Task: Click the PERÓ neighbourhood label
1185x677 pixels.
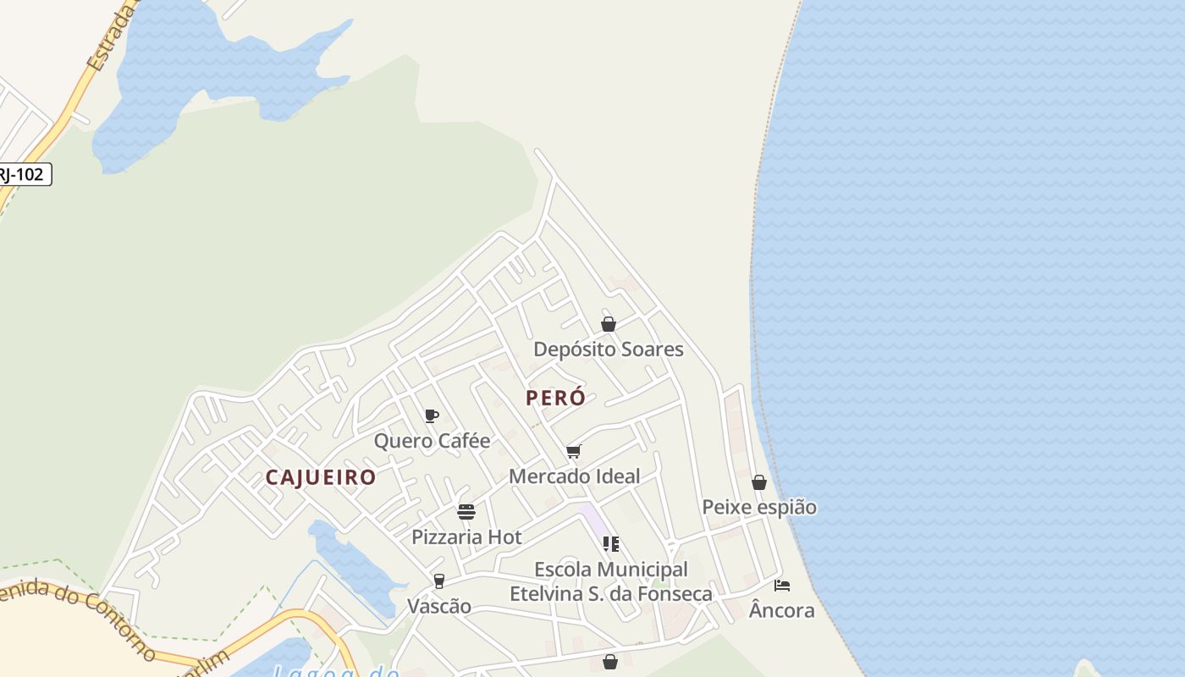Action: tap(555, 398)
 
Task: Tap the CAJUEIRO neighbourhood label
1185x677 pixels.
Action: tap(321, 477)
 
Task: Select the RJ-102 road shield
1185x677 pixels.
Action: tap(24, 175)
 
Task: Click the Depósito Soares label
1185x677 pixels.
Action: tap(608, 349)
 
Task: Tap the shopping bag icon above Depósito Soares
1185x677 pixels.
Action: tap(608, 324)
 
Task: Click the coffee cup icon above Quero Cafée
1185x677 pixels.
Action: tap(431, 416)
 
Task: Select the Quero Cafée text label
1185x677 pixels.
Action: tap(432, 441)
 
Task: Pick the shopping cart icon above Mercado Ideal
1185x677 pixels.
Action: tap(574, 451)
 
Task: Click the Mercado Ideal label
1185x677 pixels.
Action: tap(574, 476)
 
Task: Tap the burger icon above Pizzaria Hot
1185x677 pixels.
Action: tap(466, 512)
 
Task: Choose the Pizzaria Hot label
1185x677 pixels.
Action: tap(466, 537)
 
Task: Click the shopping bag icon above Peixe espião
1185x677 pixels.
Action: tap(759, 482)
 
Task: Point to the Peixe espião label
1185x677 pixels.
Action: tap(759, 507)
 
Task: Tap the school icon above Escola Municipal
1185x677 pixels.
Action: tap(610, 543)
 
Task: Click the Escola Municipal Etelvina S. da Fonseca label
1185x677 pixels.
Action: tap(610, 581)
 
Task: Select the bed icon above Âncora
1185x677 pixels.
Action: tap(782, 586)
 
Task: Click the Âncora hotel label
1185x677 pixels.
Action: tap(782, 610)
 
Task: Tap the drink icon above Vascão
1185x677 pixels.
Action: tap(438, 581)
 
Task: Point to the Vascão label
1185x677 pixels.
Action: tap(439, 606)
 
